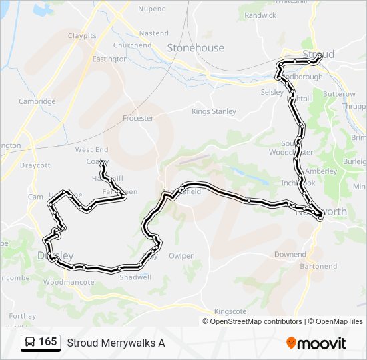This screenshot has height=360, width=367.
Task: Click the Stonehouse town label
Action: (x=196, y=48)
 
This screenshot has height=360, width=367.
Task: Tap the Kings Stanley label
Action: (x=214, y=112)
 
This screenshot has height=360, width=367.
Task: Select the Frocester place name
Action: (x=138, y=118)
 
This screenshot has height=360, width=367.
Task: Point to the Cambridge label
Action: (x=37, y=102)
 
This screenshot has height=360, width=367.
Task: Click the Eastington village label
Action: (x=110, y=59)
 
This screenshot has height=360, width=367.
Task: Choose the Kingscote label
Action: (x=230, y=311)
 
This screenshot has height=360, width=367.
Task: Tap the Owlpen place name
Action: (x=181, y=255)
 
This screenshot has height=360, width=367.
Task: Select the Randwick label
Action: (x=260, y=15)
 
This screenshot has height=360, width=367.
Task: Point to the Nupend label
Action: (x=152, y=9)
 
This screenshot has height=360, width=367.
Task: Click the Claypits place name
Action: (x=82, y=35)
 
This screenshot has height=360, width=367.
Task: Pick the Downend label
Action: (x=290, y=255)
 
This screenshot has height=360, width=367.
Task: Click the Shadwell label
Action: (x=135, y=277)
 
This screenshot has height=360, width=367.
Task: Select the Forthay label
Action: (x=23, y=316)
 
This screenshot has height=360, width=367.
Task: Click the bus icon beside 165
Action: (x=30, y=343)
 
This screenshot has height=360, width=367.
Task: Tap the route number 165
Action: (x=48, y=342)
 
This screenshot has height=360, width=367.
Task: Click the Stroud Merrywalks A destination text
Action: (x=115, y=343)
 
